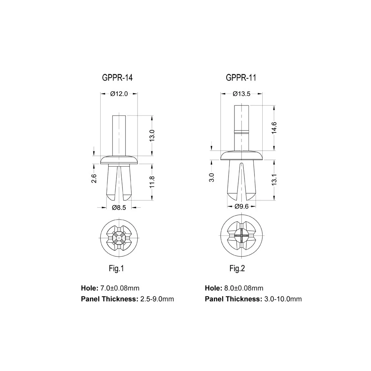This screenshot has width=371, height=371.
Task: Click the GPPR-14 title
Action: pos(117,78)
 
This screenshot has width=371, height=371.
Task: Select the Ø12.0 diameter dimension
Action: pos(119,94)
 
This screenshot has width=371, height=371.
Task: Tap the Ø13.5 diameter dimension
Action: pos(242,94)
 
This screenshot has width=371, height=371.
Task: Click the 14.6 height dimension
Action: pos(274,128)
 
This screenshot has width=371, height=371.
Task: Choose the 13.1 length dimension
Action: pos(274,180)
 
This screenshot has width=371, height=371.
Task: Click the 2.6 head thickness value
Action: pos(94,178)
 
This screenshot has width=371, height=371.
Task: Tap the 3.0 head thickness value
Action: pos(211,177)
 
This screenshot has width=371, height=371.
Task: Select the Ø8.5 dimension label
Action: pos(119,208)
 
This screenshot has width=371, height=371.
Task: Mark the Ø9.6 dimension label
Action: pos(241,207)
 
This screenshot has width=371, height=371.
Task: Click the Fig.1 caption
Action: pos(116,269)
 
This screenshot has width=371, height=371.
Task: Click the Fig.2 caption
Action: pos(237,269)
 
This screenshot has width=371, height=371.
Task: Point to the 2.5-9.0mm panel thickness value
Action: pos(157,299)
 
